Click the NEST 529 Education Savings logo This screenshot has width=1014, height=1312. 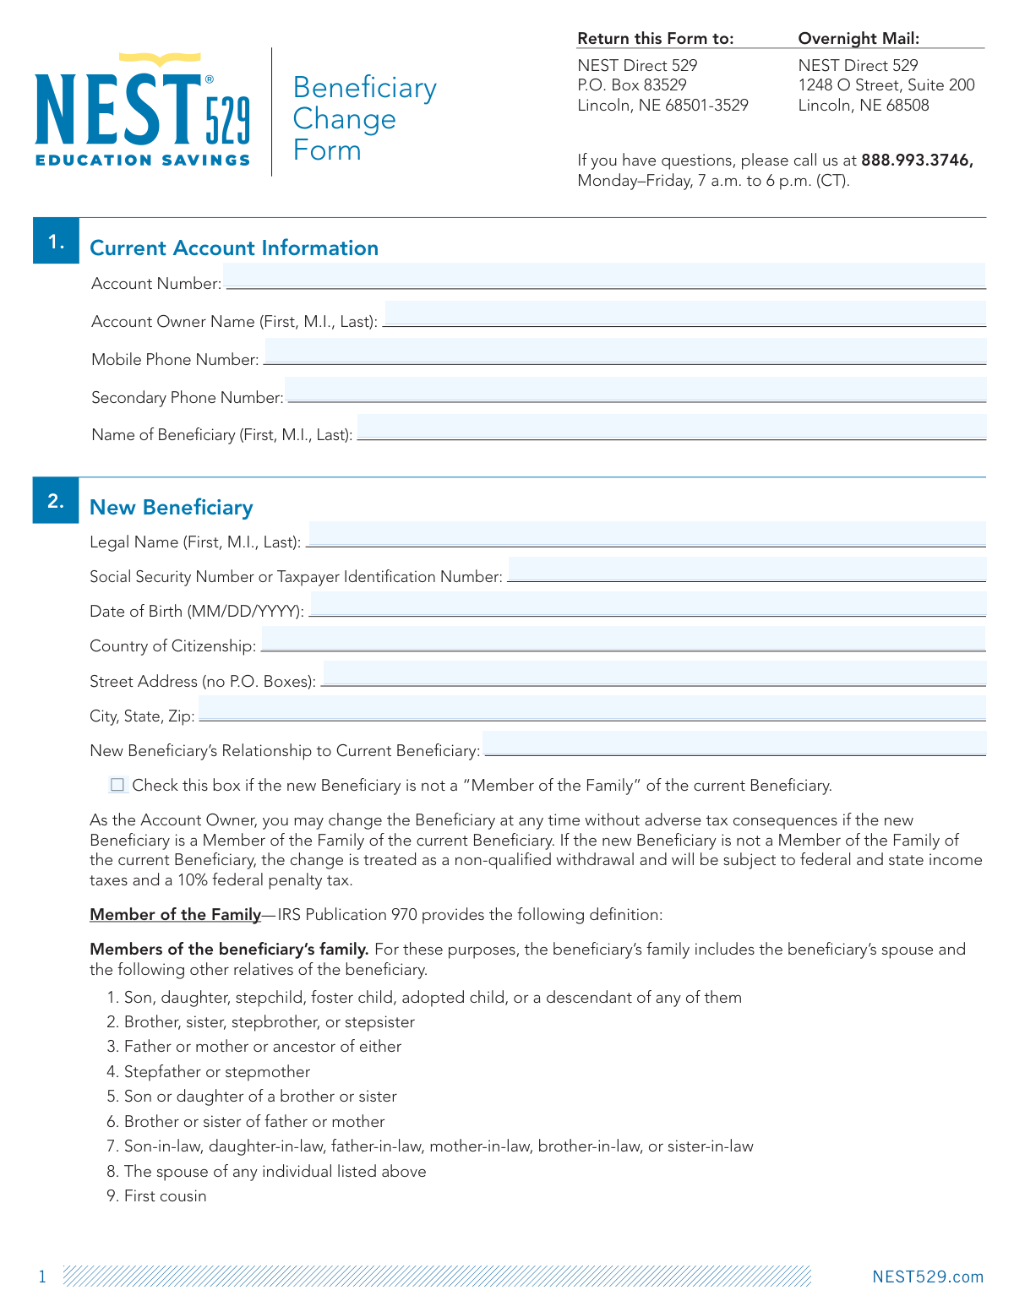point(143,111)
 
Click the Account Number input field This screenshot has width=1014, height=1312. point(604,276)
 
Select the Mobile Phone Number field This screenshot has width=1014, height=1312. point(625,351)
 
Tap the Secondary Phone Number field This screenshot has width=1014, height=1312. point(635,389)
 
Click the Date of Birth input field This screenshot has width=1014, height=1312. point(647,604)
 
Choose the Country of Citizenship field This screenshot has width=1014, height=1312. point(623,639)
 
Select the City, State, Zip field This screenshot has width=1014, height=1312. point(591,709)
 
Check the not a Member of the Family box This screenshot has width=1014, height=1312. point(117,785)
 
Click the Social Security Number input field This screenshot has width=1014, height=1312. point(747,569)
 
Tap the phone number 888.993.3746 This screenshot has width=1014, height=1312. point(917,161)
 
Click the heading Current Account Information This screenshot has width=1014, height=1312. point(234,248)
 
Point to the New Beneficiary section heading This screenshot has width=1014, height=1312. point(172,507)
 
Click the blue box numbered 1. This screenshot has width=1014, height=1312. point(56,242)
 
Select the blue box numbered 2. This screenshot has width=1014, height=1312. point(56,501)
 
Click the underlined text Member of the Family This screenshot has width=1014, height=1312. point(175,914)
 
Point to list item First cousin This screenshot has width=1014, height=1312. point(165,1196)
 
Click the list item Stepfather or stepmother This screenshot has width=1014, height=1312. point(216,1072)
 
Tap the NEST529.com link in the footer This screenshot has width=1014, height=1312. point(928,1277)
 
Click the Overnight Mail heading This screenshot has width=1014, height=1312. point(859,38)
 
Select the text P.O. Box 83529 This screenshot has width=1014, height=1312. point(632,84)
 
